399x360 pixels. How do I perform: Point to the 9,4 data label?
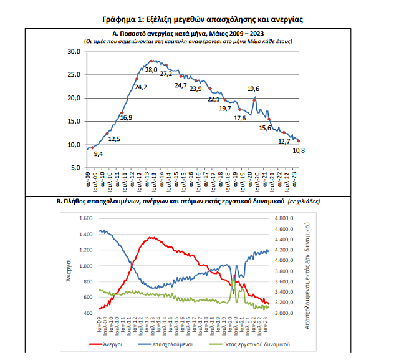98,153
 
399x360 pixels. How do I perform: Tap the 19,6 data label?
254,89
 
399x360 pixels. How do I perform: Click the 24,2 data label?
141,87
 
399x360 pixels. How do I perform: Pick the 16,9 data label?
127,117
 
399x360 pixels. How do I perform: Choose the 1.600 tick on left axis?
85,219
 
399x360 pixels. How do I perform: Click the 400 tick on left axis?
87,313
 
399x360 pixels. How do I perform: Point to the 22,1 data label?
214,99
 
